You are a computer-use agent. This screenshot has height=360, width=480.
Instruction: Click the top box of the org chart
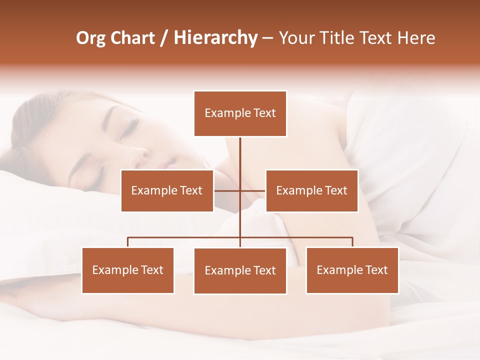coord(240,113)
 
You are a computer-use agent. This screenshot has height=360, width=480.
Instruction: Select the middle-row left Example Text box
coord(167,190)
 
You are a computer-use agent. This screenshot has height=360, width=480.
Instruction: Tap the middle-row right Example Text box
coord(311,190)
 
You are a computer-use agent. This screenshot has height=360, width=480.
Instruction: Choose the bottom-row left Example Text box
coord(128,270)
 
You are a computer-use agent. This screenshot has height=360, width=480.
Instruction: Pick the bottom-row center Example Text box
coord(240,270)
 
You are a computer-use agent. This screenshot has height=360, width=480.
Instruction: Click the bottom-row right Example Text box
coord(352,270)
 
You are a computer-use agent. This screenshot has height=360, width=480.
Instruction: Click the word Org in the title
coord(90,38)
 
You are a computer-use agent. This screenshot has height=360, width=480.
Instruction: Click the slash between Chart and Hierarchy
coord(164,38)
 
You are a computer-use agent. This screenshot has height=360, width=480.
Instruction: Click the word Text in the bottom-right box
coord(376,270)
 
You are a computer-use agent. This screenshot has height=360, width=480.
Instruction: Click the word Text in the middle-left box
coord(191,190)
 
